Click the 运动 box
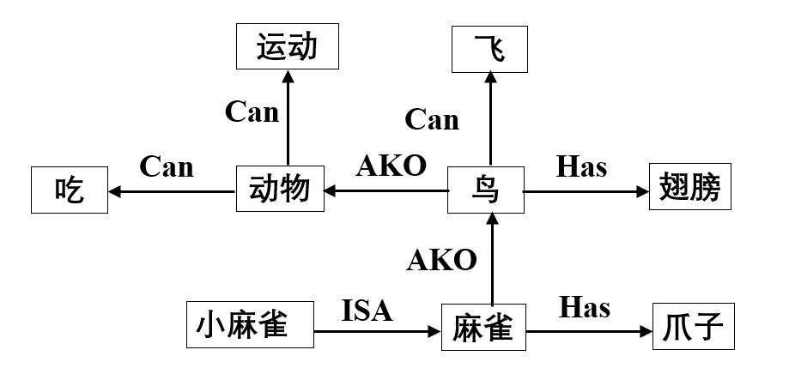click(287, 47)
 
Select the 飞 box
click(490, 48)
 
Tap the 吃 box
click(70, 190)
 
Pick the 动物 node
click(280, 190)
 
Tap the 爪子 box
click(694, 327)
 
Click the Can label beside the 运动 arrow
click(252, 112)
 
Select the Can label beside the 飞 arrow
click(431, 119)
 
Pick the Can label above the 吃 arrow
click(167, 166)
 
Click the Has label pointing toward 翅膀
click(581, 166)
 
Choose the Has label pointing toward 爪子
click(584, 306)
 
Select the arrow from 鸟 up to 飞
click(490, 120)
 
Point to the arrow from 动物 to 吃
click(172, 191)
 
